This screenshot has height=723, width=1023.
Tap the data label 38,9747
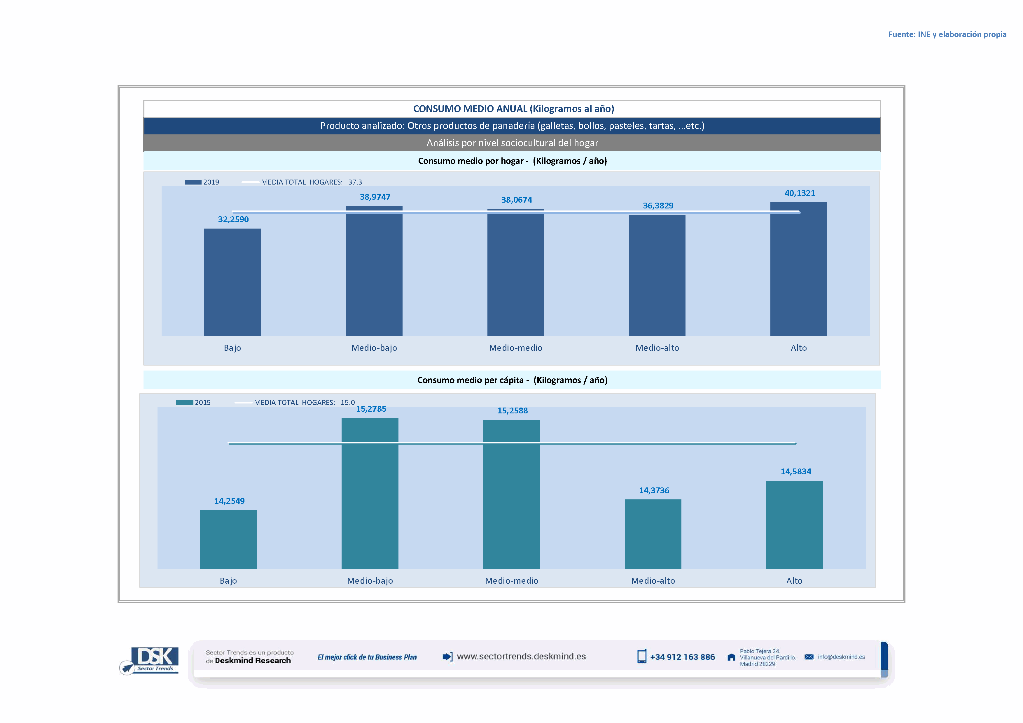click(375, 197)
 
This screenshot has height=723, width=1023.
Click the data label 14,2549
click(229, 501)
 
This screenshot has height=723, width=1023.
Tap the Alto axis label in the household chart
click(798, 348)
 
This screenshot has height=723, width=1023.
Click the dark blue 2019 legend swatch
click(193, 182)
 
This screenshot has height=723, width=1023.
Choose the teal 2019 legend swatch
click(184, 402)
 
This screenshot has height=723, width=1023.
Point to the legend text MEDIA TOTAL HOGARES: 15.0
click(304, 402)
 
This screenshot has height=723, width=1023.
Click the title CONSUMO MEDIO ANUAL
click(513, 109)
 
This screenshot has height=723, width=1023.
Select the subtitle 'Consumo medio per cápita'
click(512, 380)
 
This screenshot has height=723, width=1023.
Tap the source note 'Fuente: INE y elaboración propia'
click(947, 34)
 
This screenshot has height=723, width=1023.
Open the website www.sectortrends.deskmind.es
click(521, 656)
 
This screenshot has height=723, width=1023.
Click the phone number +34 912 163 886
click(682, 657)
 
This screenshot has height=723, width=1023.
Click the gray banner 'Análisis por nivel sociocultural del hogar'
click(512, 143)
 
